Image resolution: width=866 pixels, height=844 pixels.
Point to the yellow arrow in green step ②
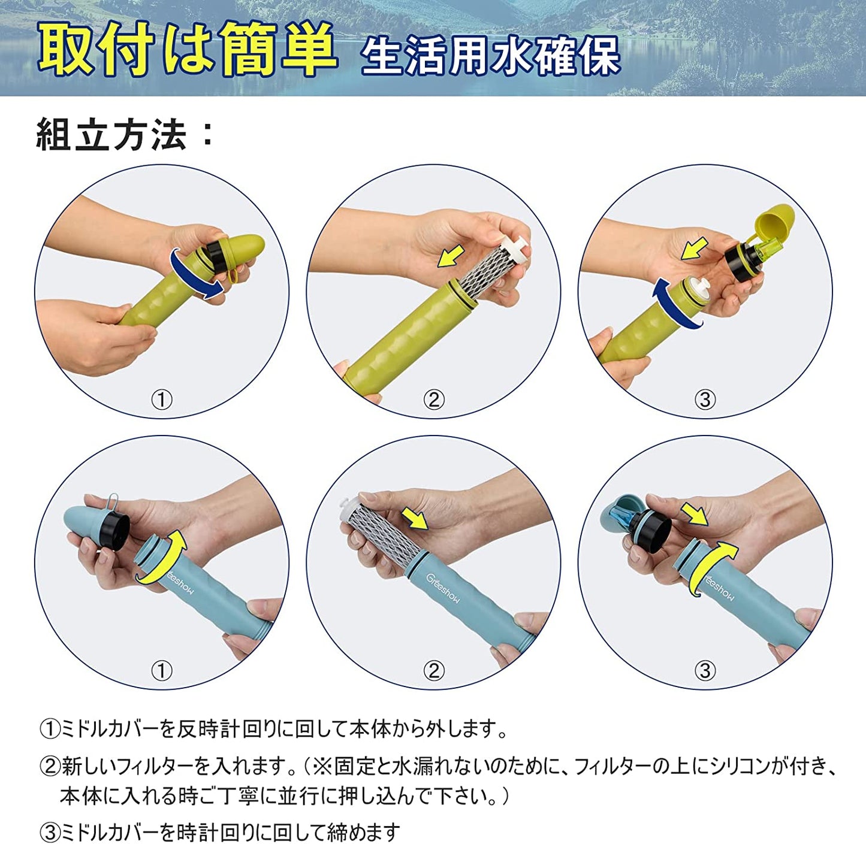pyautogui.click(x=451, y=256)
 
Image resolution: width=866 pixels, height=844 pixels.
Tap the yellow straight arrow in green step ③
pyautogui.click(x=695, y=248)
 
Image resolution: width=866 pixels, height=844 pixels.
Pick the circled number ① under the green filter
pyautogui.click(x=162, y=400)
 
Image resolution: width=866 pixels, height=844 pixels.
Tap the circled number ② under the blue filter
pyautogui.click(x=433, y=670)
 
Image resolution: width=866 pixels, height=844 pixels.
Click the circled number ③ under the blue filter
pyautogui.click(x=705, y=670)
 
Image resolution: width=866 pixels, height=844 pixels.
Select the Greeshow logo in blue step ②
pyautogui.click(x=442, y=588)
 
